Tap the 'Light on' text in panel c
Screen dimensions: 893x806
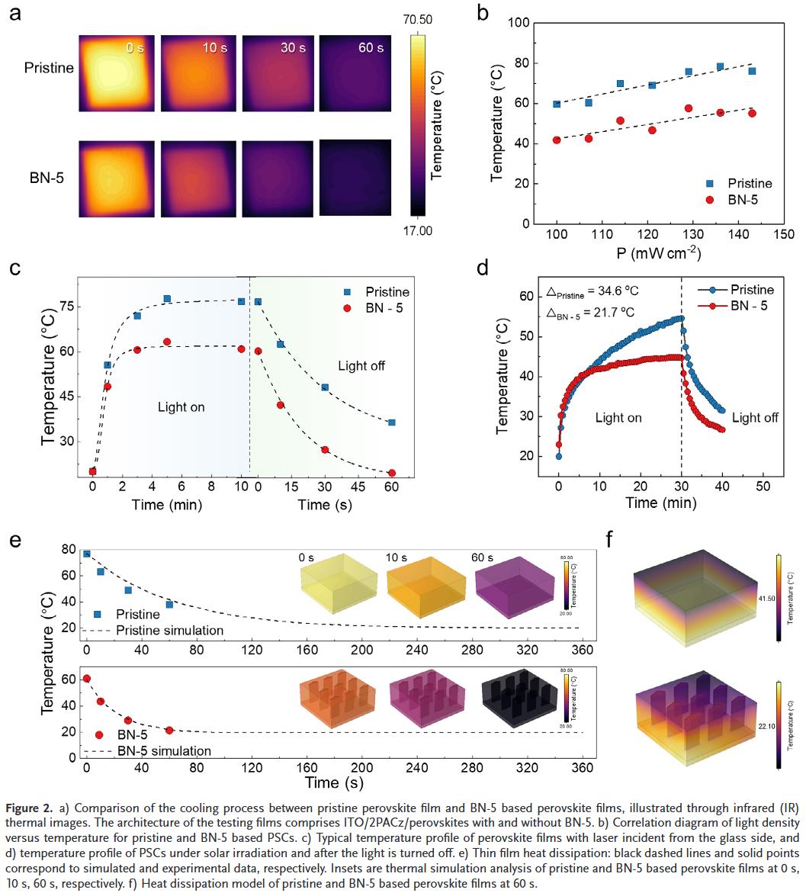pyautogui.click(x=181, y=407)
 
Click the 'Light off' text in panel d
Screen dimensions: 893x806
pyautogui.click(x=755, y=418)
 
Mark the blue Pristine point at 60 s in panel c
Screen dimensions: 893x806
pyautogui.click(x=391, y=422)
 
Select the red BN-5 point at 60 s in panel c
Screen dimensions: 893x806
pyautogui.click(x=391, y=474)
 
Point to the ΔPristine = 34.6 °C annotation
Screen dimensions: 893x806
pyautogui.click(x=598, y=291)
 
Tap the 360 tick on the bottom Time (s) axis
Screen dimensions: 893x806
pyautogui.click(x=583, y=769)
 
